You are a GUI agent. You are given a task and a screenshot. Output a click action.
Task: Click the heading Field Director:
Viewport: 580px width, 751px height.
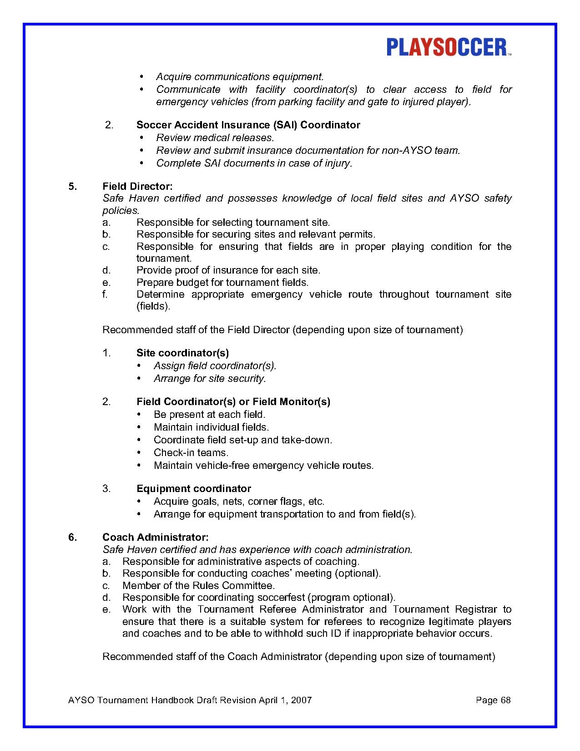(137, 186)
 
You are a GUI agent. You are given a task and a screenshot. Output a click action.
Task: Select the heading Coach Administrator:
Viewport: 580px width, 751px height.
(155, 537)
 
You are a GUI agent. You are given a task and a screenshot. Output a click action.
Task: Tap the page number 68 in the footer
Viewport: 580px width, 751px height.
(505, 700)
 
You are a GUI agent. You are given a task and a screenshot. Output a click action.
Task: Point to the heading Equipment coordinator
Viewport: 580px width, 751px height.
(193, 488)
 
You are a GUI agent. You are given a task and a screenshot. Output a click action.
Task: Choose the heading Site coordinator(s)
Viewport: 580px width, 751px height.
(182, 353)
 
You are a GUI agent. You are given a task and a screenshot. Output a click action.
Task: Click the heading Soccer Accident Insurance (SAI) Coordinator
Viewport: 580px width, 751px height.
(248, 125)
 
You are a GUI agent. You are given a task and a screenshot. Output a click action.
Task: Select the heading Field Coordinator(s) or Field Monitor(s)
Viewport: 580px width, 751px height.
(233, 401)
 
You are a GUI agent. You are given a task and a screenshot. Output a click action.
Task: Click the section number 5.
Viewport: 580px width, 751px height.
(72, 186)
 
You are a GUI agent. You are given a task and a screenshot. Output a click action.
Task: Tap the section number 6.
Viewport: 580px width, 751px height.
(72, 537)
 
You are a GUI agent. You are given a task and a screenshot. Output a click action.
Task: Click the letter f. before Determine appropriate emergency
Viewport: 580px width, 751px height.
(105, 294)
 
